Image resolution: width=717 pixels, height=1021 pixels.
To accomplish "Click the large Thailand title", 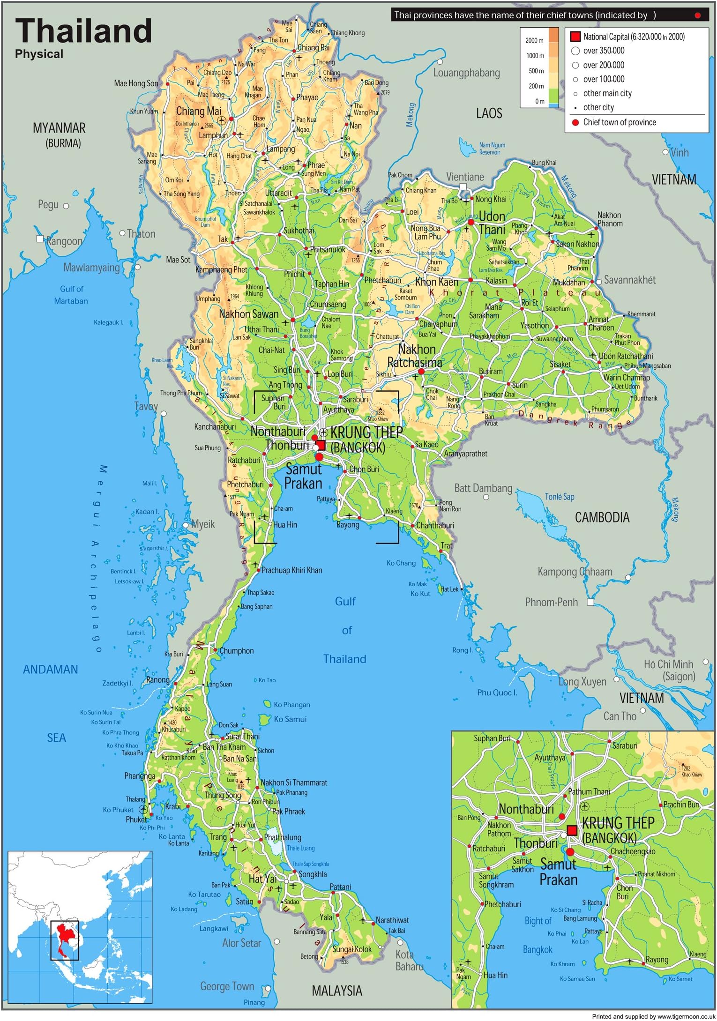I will click(x=84, y=31).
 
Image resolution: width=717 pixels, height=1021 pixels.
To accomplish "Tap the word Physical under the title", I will click(x=39, y=54).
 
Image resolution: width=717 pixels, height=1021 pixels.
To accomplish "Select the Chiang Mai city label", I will click(x=198, y=112).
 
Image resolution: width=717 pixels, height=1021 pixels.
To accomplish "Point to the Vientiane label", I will click(x=464, y=177).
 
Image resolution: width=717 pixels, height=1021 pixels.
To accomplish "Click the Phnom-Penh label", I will click(x=551, y=603).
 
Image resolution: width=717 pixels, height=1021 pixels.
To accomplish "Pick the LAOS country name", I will click(x=489, y=113).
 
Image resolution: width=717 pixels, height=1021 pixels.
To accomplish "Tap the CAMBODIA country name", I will click(x=602, y=518).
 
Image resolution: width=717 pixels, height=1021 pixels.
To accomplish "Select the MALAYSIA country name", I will click(x=337, y=991).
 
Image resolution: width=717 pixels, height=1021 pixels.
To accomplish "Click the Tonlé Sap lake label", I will click(x=559, y=497).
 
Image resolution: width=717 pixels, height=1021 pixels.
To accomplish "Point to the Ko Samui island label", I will click(x=290, y=719).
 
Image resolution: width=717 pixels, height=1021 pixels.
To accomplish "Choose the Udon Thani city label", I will click(x=492, y=223).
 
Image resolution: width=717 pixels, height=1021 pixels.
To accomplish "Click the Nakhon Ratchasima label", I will click(x=415, y=356).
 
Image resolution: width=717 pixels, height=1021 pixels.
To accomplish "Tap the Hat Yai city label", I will click(x=262, y=879).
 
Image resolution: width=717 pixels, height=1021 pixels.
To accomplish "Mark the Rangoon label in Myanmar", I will click(x=64, y=242).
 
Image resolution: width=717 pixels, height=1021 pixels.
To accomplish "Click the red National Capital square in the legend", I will click(x=575, y=37).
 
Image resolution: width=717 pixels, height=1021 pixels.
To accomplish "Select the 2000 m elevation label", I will click(x=534, y=41).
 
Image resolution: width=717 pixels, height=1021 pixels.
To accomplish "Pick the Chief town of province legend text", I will click(x=620, y=123).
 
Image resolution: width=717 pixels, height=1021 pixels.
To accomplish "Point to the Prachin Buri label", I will click(x=681, y=805).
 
